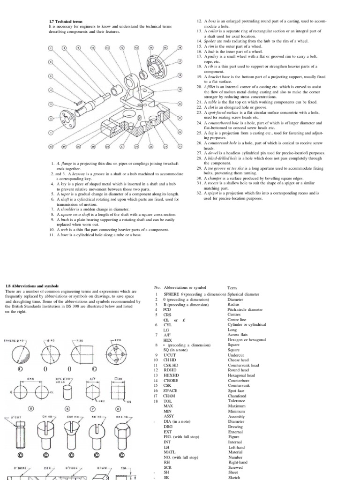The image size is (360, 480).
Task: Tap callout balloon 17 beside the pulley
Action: click(x=180, y=61)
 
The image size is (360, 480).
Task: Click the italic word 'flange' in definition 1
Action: click(x=67, y=164)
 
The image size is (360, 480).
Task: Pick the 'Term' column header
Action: click(x=232, y=288)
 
